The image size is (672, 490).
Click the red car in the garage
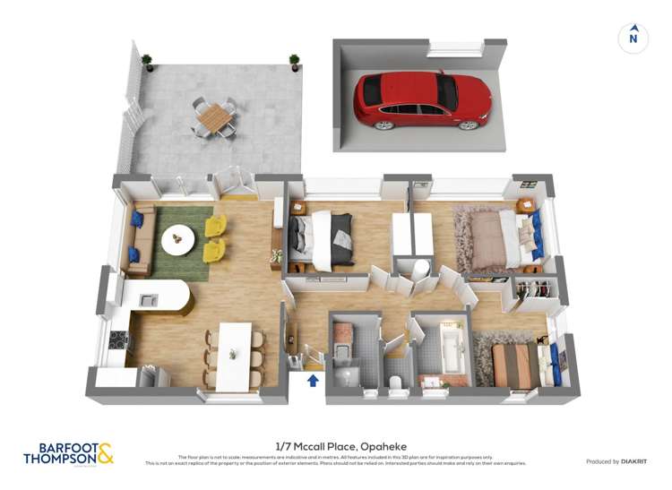coord(421,99)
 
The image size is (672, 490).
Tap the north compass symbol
coord(633,38)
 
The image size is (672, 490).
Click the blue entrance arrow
coord(313,381)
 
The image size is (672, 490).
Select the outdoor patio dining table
coord(215,116)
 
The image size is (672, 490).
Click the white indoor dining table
coord(235,354)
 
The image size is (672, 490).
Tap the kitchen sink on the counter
coord(149,300)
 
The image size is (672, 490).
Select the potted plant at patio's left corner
coord(146,62)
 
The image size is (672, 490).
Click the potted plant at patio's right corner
coord(294,62)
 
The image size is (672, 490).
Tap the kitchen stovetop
coord(116,340)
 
